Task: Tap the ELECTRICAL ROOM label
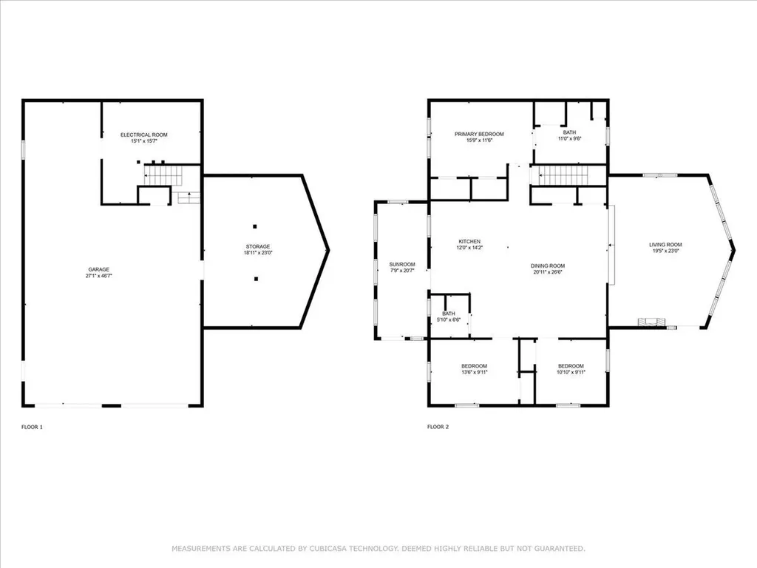144,135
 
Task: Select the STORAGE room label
258,246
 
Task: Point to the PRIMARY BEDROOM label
479,134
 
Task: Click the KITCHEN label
469,242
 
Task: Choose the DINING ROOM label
547,266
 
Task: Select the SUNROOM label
402,264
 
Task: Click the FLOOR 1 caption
33,427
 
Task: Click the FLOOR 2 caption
438,427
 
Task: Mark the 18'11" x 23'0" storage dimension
258,253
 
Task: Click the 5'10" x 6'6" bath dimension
449,320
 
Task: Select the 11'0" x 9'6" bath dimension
569,138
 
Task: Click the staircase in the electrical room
162,176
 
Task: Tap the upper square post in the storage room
255,226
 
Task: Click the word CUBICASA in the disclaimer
326,549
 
